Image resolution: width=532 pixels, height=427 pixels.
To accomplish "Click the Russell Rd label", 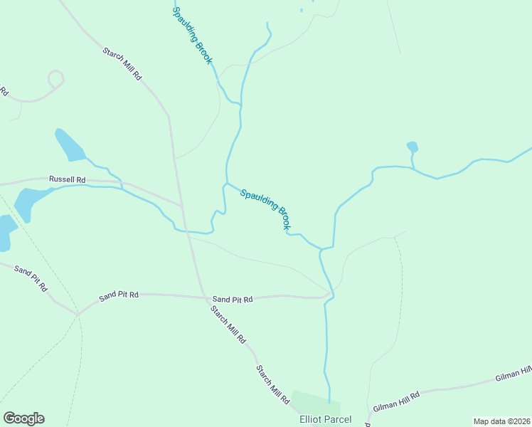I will tap(67, 179).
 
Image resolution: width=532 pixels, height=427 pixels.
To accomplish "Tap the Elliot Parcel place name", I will tap(326, 419).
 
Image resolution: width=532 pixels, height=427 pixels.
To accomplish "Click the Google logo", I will tap(23, 418).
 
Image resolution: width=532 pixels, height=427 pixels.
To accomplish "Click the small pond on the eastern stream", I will tap(412, 147).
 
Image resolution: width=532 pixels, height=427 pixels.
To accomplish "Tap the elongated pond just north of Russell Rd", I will tap(70, 145).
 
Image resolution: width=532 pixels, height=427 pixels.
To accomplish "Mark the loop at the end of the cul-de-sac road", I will tap(55, 78).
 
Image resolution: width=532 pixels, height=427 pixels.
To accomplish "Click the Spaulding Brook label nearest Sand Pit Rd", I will tap(265, 209).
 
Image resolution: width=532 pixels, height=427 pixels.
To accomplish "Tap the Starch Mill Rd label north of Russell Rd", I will tap(122, 64).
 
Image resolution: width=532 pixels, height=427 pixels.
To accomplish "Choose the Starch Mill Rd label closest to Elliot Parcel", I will tap(273, 385).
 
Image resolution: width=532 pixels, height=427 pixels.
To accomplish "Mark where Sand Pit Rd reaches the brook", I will tap(328, 295).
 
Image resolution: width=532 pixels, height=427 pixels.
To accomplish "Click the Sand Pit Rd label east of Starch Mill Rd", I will tap(233, 300).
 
